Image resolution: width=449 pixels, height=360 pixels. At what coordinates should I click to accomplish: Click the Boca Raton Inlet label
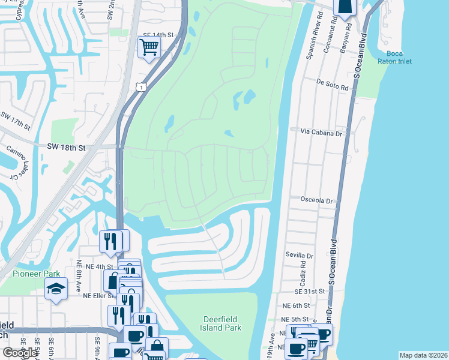394,57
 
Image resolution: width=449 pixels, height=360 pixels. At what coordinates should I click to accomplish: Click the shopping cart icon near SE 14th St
148,46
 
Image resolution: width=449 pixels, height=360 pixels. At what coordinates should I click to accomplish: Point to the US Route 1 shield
140,88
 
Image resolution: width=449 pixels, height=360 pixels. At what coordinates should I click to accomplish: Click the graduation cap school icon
56,289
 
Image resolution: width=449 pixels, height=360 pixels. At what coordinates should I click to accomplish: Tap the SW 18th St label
67,146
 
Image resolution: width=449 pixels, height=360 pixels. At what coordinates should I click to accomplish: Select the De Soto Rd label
333,87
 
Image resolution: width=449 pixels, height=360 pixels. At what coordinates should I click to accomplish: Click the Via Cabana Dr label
321,134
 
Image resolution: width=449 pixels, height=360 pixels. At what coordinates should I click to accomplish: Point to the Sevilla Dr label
300,256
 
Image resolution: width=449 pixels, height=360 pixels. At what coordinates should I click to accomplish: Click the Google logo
20,353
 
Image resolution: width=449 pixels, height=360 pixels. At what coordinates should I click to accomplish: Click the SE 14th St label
157,36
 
